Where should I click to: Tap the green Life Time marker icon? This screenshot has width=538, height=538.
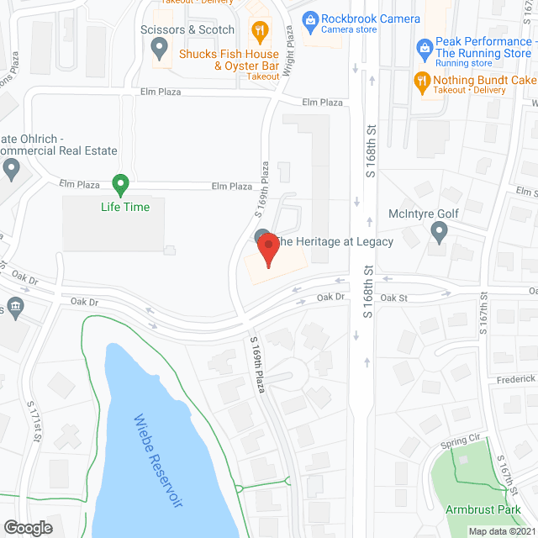tap(120, 184)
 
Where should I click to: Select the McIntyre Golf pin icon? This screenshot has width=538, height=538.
tap(439, 231)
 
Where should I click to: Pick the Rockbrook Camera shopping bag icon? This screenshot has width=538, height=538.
tap(310, 18)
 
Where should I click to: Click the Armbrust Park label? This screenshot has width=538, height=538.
tap(483, 509)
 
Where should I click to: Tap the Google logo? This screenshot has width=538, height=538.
tap(27, 527)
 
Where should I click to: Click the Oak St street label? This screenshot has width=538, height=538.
tap(393, 298)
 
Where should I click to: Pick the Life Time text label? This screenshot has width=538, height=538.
tap(125, 207)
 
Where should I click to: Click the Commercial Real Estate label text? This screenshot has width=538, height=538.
tap(59, 151)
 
